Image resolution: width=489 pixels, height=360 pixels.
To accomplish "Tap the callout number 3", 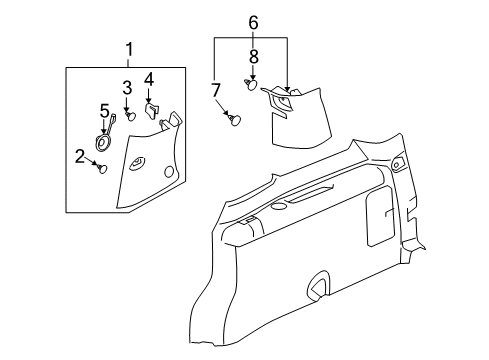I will pyautogui.click(x=127, y=87).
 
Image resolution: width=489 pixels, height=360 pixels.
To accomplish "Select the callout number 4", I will pyautogui.click(x=149, y=78).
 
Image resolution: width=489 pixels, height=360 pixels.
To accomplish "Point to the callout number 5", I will pyautogui.click(x=104, y=110).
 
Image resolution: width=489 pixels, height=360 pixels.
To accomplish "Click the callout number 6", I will pyautogui.click(x=253, y=21).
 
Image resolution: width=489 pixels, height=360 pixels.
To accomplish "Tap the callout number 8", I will pyautogui.click(x=253, y=57).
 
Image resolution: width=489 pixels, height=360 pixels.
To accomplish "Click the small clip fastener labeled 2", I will pyautogui.click(x=101, y=169).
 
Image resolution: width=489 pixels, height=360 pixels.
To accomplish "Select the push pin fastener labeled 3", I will pyautogui.click(x=130, y=116).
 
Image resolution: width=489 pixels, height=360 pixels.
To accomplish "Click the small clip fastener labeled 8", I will pyautogui.click(x=251, y=83).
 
